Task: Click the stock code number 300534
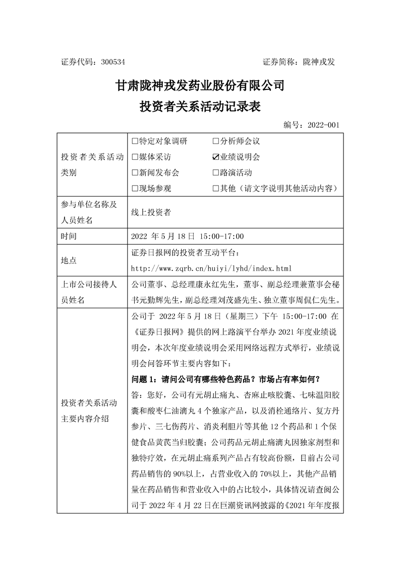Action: [112, 62]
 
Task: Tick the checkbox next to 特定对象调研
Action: [135, 141]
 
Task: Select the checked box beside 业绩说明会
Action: [216, 157]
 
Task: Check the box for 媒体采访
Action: [135, 157]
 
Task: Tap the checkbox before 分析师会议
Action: [216, 141]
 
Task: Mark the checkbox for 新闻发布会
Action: [135, 172]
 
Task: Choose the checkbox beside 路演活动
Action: [216, 172]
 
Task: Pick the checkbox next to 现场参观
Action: [135, 188]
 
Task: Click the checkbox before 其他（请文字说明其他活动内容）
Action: [216, 188]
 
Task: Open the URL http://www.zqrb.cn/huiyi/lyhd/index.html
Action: [211, 268]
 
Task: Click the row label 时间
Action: [68, 236]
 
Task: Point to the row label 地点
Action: [68, 260]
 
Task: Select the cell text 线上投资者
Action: [150, 212]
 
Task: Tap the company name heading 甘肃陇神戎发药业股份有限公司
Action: [200, 85]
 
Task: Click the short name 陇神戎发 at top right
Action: [319, 62]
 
